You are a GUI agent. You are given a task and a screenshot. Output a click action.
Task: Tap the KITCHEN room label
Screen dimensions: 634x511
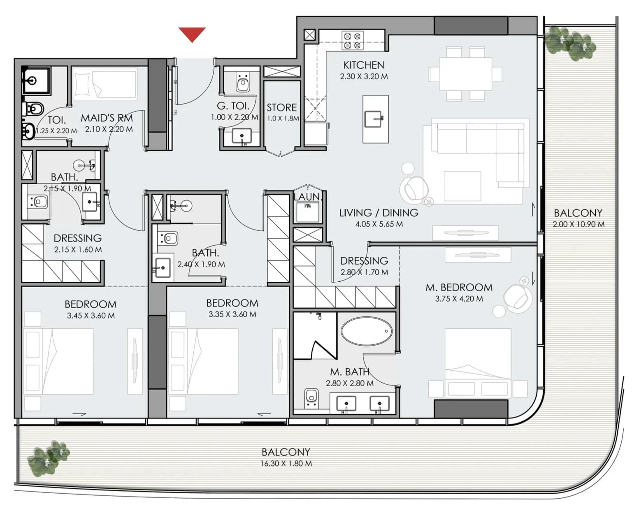pyautogui.click(x=364, y=65)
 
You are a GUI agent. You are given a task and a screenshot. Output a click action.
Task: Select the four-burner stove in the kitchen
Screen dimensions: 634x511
pyautogui.click(x=352, y=41)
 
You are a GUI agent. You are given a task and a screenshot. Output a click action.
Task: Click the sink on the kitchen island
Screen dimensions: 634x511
pyautogui.click(x=374, y=119)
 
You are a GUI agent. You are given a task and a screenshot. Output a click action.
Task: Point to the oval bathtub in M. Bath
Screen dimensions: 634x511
pyautogui.click(x=367, y=331)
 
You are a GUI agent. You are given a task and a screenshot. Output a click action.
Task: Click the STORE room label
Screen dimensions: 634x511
pyautogui.click(x=282, y=107)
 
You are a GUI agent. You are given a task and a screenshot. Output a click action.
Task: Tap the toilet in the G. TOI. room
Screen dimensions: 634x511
pyautogui.click(x=243, y=82)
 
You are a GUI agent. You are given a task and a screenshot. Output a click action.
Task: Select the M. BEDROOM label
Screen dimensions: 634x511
pyautogui.click(x=459, y=287)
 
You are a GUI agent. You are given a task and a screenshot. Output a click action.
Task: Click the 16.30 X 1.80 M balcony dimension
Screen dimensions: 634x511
pyautogui.click(x=286, y=464)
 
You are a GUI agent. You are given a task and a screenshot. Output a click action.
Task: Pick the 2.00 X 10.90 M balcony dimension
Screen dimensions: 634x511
pyautogui.click(x=578, y=224)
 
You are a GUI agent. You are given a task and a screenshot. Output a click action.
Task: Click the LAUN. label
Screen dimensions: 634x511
pyautogui.click(x=308, y=197)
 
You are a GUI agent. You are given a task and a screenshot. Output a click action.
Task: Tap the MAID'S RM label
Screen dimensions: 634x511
pyautogui.click(x=107, y=118)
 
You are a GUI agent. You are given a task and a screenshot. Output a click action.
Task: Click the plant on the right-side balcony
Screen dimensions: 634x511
pyautogui.click(x=569, y=43)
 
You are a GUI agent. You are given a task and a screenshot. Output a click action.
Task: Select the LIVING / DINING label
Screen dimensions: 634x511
pyautogui.click(x=379, y=213)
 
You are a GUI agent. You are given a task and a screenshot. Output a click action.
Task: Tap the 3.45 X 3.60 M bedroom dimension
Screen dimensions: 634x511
pyautogui.click(x=91, y=316)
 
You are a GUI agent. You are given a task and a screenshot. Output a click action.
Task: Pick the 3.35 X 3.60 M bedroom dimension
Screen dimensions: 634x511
pyautogui.click(x=232, y=314)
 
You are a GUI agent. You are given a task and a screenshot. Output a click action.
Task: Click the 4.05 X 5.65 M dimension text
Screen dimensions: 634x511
pyautogui.click(x=379, y=224)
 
